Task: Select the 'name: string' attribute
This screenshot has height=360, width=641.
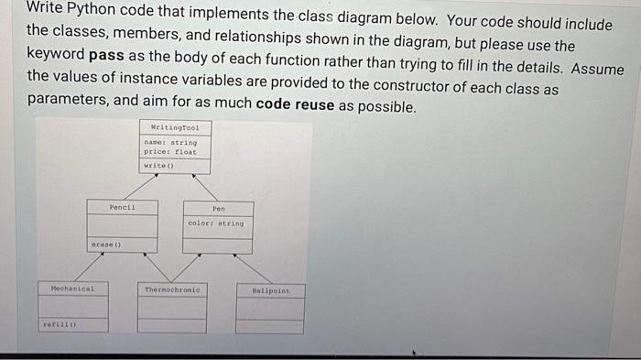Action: (169, 142)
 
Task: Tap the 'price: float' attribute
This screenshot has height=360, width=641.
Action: (169, 152)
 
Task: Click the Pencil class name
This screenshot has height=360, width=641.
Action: (122, 207)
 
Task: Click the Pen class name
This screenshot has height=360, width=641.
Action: (218, 208)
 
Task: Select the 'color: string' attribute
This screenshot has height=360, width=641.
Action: (216, 223)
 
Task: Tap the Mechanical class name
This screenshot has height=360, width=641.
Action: (72, 289)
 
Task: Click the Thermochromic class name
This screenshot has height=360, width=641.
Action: (172, 289)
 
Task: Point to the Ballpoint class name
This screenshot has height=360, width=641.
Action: (269, 289)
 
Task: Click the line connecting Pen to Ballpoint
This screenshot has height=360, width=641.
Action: (253, 268)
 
